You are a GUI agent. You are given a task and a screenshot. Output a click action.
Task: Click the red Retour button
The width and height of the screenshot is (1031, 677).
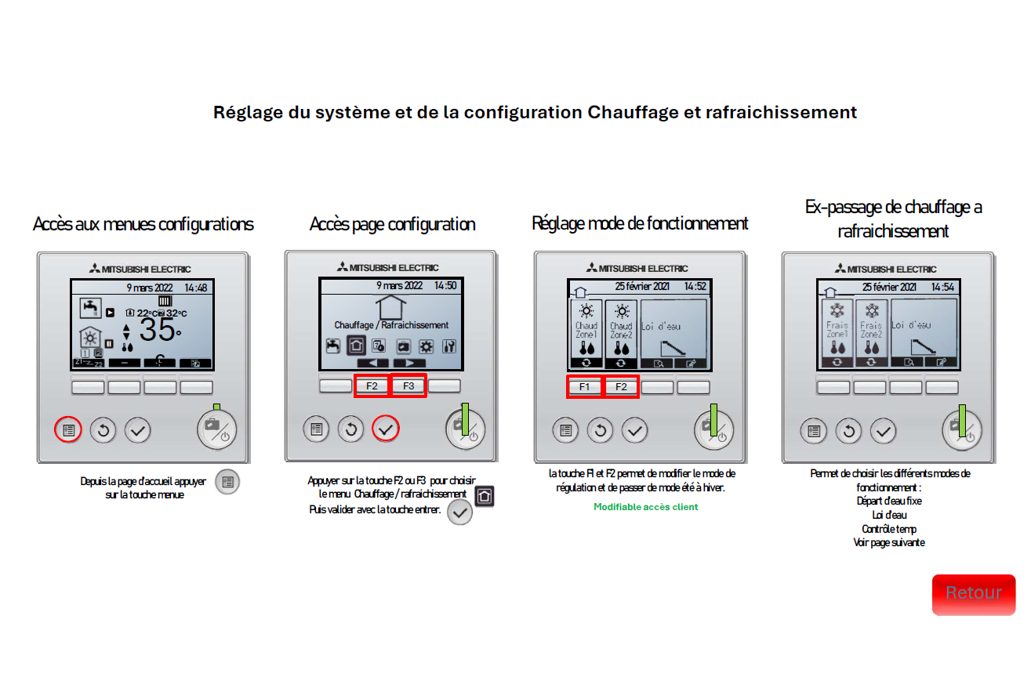pyautogui.click(x=973, y=594)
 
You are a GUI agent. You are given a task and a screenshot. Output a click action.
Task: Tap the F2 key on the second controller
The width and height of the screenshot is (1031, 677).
pyautogui.click(x=372, y=386)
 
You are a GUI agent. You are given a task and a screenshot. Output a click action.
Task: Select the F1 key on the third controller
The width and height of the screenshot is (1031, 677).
pyautogui.click(x=584, y=386)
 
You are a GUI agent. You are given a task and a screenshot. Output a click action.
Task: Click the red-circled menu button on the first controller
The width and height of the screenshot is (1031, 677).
pyautogui.click(x=68, y=430)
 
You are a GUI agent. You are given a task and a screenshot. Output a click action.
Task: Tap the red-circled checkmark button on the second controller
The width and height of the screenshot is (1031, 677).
pyautogui.click(x=385, y=429)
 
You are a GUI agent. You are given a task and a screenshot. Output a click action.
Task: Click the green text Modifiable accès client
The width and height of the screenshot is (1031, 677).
pyautogui.click(x=645, y=507)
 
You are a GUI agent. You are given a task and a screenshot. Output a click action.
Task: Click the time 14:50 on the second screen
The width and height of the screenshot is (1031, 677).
pyautogui.click(x=445, y=286)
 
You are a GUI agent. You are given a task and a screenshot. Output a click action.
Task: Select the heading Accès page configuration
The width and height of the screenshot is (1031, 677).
pyautogui.click(x=392, y=224)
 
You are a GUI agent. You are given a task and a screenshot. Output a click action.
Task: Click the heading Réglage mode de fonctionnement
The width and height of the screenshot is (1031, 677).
pyautogui.click(x=640, y=223)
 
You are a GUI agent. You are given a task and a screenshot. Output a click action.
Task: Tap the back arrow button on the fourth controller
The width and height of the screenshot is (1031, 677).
pyautogui.click(x=848, y=430)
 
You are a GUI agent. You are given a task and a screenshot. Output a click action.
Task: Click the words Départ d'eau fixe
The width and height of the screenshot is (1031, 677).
pyautogui.click(x=889, y=501)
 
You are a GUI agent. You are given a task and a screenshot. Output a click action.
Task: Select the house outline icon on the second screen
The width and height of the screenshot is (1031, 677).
pyautogui.click(x=391, y=306)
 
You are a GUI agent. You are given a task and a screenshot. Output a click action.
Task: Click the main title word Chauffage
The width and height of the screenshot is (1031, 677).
pyautogui.click(x=633, y=112)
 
